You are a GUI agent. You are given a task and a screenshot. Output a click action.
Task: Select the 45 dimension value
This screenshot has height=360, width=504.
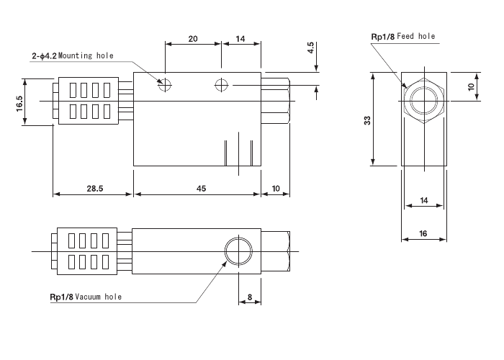(x=201, y=188)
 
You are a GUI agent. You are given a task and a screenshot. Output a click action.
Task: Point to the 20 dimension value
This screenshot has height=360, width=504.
(x=193, y=40)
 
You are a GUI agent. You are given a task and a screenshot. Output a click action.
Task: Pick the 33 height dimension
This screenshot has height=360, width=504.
(x=367, y=121)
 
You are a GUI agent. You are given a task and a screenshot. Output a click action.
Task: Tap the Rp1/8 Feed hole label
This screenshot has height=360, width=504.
(x=402, y=36)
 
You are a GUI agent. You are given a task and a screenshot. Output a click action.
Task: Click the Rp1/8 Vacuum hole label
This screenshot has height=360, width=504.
(x=85, y=296)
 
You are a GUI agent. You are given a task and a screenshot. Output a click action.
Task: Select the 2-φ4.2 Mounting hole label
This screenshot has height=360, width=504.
(x=72, y=55)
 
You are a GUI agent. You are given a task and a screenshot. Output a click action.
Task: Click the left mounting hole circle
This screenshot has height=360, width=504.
(x=166, y=85)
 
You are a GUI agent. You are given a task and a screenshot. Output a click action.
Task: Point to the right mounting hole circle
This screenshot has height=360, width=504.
(x=222, y=85)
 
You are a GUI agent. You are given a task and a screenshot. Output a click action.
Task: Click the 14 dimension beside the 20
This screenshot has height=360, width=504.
(x=240, y=40)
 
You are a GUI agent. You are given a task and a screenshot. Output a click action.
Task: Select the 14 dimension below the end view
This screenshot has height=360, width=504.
(x=423, y=201)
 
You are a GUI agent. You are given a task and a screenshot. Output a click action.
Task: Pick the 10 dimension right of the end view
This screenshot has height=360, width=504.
(x=471, y=86)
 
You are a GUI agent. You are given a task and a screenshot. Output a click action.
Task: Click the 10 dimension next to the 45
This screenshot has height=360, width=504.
(x=276, y=188)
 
